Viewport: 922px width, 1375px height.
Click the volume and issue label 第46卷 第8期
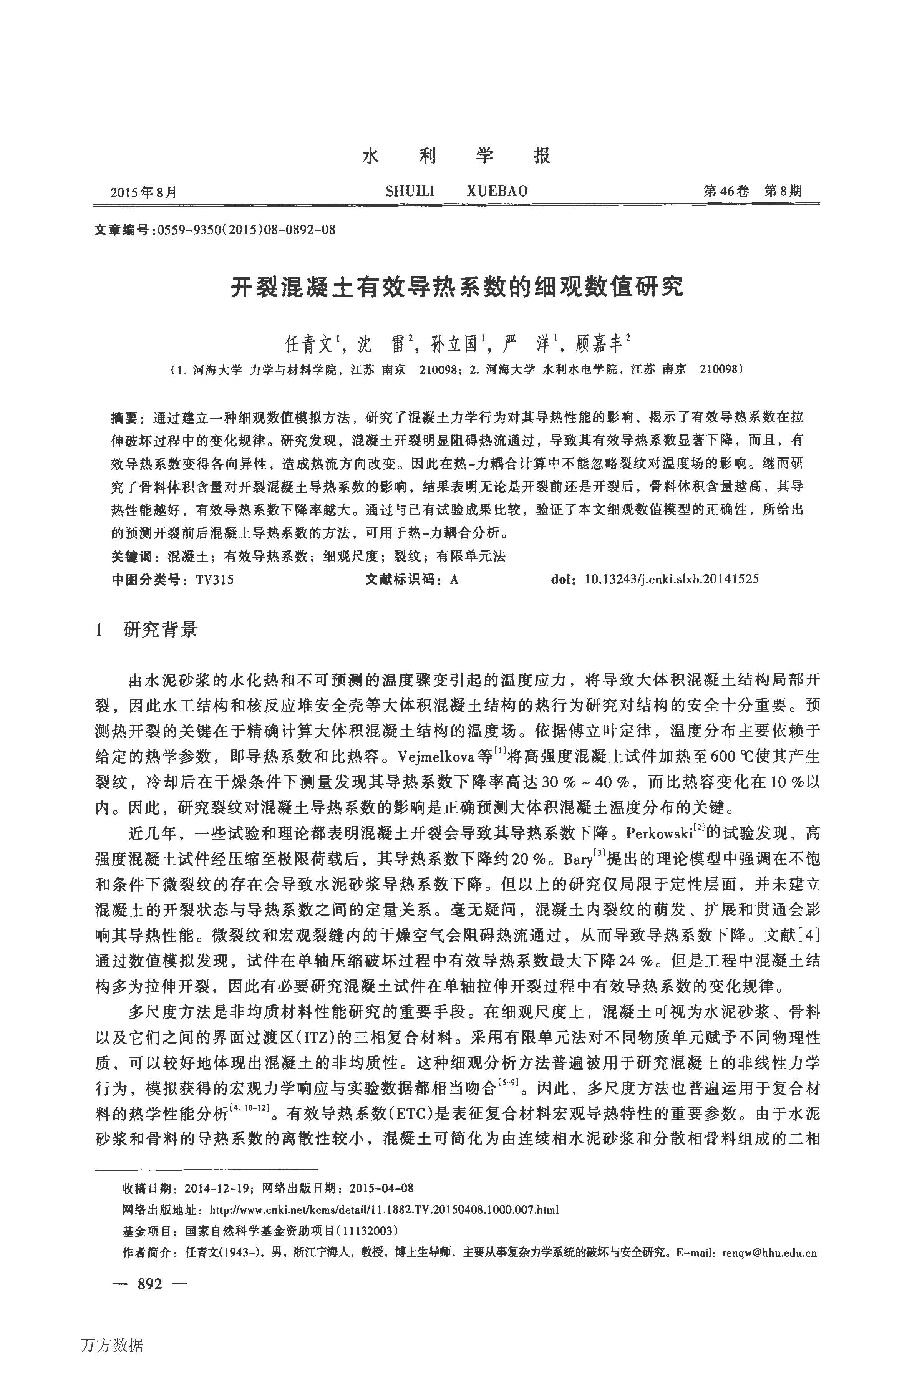[752, 191]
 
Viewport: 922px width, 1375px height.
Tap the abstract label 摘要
[126, 418]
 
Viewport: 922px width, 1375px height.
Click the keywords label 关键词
[132, 556]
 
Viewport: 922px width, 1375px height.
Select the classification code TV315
[215, 580]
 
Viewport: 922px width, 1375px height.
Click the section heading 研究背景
[161, 630]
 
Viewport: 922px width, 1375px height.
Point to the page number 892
[149, 1284]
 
